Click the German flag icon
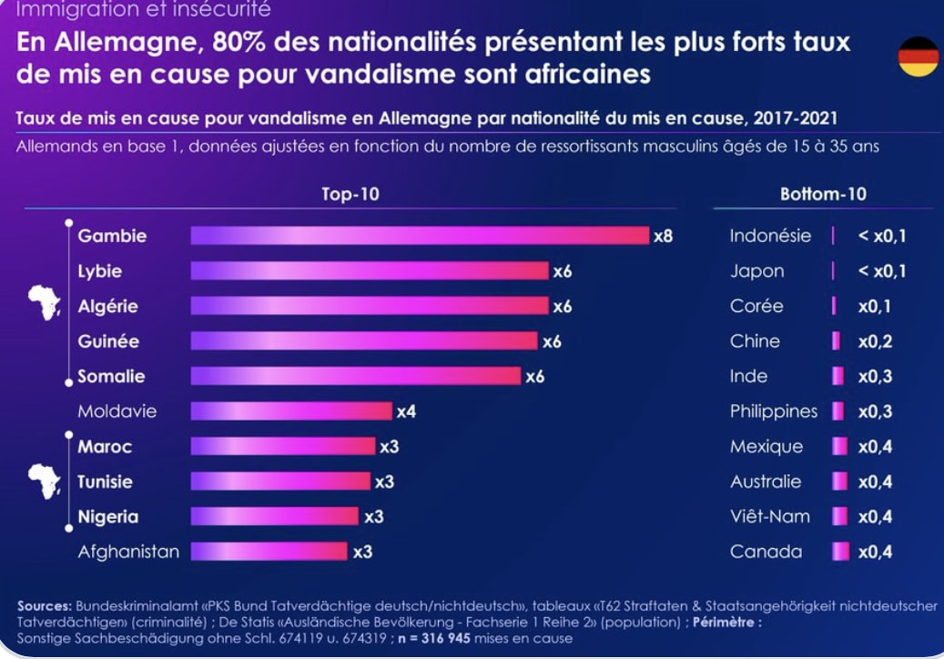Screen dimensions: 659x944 click(x=918, y=57)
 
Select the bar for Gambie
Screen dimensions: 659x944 click(x=419, y=236)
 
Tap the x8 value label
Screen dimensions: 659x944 click(x=663, y=237)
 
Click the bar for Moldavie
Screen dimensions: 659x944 click(x=290, y=411)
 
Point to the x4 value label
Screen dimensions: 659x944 click(x=406, y=411)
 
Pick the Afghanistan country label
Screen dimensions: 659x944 click(x=128, y=552)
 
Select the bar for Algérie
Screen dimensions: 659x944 click(x=369, y=306)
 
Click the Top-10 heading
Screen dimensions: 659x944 click(x=350, y=194)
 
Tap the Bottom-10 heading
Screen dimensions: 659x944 click(x=823, y=194)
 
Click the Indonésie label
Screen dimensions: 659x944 click(x=770, y=236)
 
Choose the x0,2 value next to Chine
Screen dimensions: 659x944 click(x=875, y=341)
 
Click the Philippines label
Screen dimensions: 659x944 click(x=774, y=411)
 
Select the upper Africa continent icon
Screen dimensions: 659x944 click(x=44, y=302)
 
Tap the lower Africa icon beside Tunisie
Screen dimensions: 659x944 click(x=44, y=480)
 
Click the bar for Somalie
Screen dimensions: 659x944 click(x=355, y=376)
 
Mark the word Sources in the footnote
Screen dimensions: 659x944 click(x=44, y=605)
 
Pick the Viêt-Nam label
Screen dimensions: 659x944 click(x=768, y=516)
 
